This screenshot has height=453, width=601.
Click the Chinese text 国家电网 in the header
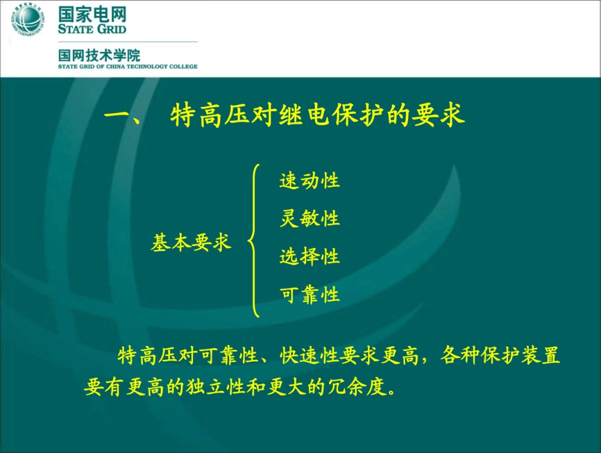(x=92, y=14)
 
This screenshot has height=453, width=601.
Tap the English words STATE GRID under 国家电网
(x=92, y=29)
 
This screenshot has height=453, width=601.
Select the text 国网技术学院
(x=99, y=54)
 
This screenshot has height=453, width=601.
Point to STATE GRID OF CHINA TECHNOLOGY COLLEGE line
(x=128, y=66)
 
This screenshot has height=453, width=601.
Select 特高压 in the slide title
(x=209, y=117)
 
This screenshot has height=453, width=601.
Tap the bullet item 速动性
(x=309, y=180)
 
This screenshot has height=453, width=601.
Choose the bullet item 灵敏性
(x=309, y=219)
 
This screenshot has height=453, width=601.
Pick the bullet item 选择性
(x=309, y=257)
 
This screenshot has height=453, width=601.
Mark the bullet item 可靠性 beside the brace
(x=309, y=295)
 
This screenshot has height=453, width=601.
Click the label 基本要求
(x=191, y=243)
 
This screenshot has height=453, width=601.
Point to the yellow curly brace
(x=254, y=240)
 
